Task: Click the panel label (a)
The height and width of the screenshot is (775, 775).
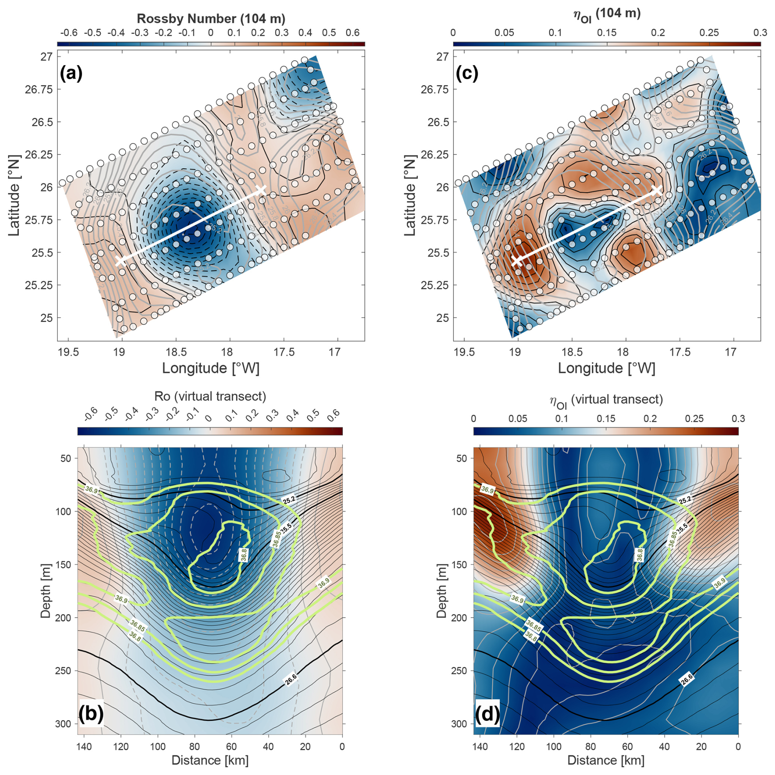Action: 71,74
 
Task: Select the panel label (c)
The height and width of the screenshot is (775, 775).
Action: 467,74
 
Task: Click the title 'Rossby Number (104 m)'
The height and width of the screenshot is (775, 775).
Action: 211,19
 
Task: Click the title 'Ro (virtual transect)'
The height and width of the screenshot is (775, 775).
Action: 210,396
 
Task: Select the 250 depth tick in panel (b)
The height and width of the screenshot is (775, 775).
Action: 63,671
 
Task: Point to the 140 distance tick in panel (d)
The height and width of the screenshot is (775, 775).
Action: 480,746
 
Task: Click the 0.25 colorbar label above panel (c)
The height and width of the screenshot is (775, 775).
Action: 709,33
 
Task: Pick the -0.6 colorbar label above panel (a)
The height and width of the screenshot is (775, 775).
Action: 68,33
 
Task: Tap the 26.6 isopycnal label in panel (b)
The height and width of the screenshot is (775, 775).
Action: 290,680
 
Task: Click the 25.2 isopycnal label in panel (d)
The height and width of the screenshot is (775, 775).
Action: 685,500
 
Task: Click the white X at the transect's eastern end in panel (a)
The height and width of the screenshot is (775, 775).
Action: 261,190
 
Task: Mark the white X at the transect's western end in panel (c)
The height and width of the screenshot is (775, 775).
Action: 517,260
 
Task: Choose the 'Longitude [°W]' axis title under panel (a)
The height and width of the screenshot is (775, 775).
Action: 211,368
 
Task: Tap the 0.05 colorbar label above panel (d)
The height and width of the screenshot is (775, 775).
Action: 518,418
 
